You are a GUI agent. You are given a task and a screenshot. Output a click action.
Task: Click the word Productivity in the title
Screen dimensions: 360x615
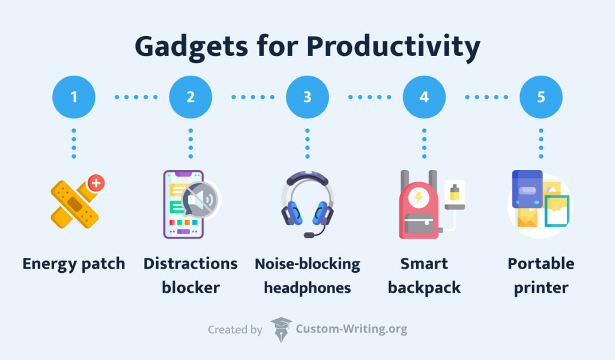[x=385, y=47]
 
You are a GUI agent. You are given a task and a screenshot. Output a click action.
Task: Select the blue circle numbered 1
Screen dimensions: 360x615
[x=74, y=96]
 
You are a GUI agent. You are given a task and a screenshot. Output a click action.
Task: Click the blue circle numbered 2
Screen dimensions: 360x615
[x=190, y=96]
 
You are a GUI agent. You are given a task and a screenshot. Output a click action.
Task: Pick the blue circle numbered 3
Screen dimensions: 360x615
[x=307, y=96]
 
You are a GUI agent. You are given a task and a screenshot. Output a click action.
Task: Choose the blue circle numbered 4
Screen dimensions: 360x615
[x=424, y=96]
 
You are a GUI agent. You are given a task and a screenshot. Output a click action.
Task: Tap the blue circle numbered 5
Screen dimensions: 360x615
[x=541, y=96]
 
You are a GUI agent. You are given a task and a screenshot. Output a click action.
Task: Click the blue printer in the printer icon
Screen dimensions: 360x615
[x=527, y=190]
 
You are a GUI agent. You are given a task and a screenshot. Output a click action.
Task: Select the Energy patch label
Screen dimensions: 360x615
[x=74, y=264]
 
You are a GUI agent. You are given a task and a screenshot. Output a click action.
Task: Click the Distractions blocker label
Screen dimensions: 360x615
[x=190, y=275]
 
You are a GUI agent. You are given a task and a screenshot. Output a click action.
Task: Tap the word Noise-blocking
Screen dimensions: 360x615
[x=307, y=264]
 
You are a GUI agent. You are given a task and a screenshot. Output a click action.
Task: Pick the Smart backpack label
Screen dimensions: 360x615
[x=424, y=275]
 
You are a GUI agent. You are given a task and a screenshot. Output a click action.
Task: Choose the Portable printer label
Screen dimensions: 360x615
[x=541, y=275]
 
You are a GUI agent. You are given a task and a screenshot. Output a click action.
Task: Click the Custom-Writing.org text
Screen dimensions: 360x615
[x=351, y=329]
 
